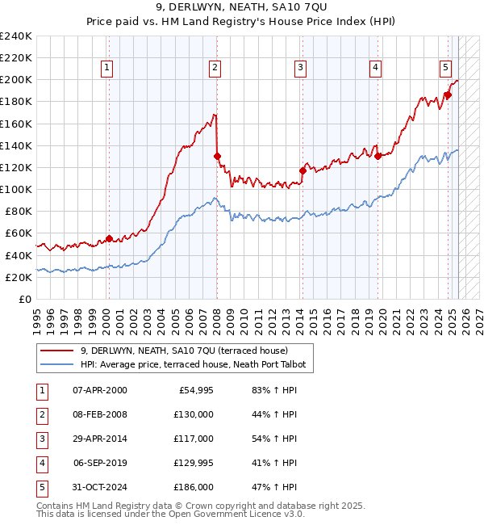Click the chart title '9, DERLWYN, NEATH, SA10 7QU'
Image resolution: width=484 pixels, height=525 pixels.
pyautogui.click(x=242, y=7)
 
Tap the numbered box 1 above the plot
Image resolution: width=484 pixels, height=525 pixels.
pyautogui.click(x=107, y=68)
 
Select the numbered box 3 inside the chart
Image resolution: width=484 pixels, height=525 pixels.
pyautogui.click(x=300, y=68)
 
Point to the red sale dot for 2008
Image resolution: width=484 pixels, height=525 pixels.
pyautogui.click(x=217, y=156)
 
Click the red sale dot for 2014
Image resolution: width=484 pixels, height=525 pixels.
pyautogui.click(x=302, y=170)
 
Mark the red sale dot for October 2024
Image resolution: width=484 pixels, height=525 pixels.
pyautogui.click(x=448, y=94)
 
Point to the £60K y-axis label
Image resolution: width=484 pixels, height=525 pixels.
pyautogui.click(x=19, y=233)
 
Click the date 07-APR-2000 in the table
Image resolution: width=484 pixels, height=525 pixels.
pyautogui.click(x=99, y=390)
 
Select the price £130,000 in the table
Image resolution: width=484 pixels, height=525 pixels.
pyautogui.click(x=193, y=414)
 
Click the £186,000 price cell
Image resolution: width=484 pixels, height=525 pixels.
pyautogui.click(x=193, y=487)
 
